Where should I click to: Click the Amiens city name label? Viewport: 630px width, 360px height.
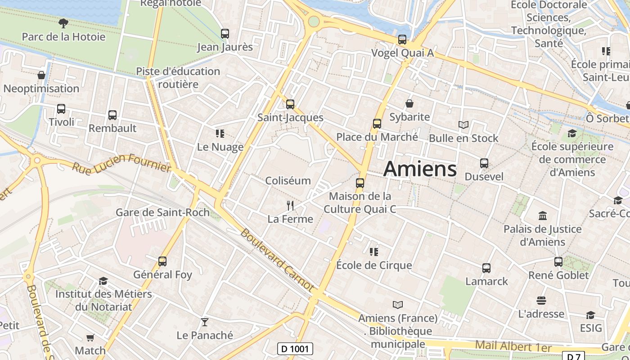420,169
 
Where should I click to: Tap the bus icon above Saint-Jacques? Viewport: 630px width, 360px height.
290,104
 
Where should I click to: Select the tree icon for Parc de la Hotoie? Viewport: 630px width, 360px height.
63,23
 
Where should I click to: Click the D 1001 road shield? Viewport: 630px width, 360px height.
295,348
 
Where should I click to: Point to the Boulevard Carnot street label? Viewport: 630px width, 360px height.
277,260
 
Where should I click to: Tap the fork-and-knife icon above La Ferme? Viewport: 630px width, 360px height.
290,206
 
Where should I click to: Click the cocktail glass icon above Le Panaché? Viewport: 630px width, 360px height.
205,322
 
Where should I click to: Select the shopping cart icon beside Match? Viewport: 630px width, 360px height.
90,337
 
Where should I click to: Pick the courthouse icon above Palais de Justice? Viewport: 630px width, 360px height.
542,216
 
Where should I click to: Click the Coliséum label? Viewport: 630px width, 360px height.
288,180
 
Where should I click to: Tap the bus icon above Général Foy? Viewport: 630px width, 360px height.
162,261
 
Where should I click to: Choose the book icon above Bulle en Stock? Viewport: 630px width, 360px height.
463,125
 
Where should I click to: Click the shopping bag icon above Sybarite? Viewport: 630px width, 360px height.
409,104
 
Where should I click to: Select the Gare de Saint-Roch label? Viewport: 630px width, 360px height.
162,212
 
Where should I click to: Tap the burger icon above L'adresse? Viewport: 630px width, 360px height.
541,301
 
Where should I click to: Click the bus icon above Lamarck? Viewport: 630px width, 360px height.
486,268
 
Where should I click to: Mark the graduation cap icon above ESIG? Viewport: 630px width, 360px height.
590,315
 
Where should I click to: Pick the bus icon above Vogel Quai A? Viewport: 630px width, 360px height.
402,40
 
